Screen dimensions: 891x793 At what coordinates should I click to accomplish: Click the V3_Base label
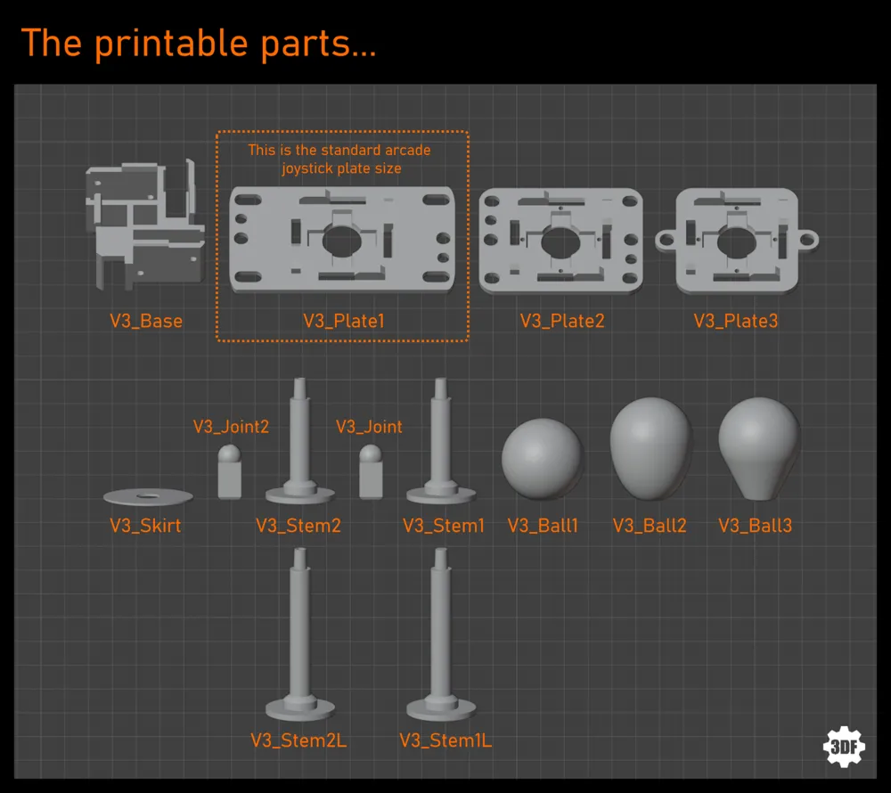[146, 322]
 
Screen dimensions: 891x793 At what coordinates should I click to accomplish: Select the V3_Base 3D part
[145, 225]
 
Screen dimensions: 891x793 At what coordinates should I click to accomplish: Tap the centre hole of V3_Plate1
[341, 241]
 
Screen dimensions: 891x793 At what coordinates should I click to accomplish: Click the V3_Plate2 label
[562, 322]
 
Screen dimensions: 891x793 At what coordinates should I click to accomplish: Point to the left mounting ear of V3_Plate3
[666, 241]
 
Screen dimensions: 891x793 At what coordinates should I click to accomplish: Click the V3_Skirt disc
[148, 497]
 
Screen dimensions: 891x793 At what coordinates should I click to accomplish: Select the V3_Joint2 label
[231, 427]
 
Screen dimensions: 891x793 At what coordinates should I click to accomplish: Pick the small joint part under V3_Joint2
[230, 472]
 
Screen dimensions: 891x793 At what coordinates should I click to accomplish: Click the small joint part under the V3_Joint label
[371, 472]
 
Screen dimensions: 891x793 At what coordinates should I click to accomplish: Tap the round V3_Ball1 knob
[542, 459]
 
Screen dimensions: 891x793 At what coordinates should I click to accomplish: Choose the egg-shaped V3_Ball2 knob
[651, 449]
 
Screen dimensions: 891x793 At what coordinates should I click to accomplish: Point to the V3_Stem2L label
[298, 740]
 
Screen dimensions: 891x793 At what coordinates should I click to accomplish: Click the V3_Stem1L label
[445, 740]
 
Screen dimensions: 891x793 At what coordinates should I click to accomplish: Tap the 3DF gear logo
[844, 747]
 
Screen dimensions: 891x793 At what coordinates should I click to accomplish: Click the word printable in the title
[172, 44]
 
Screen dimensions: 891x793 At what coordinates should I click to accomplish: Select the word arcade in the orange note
[407, 150]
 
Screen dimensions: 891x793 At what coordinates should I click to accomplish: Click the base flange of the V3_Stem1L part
[441, 708]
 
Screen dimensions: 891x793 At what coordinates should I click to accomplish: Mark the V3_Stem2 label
[298, 526]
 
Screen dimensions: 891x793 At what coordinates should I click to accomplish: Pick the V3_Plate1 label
[344, 322]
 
